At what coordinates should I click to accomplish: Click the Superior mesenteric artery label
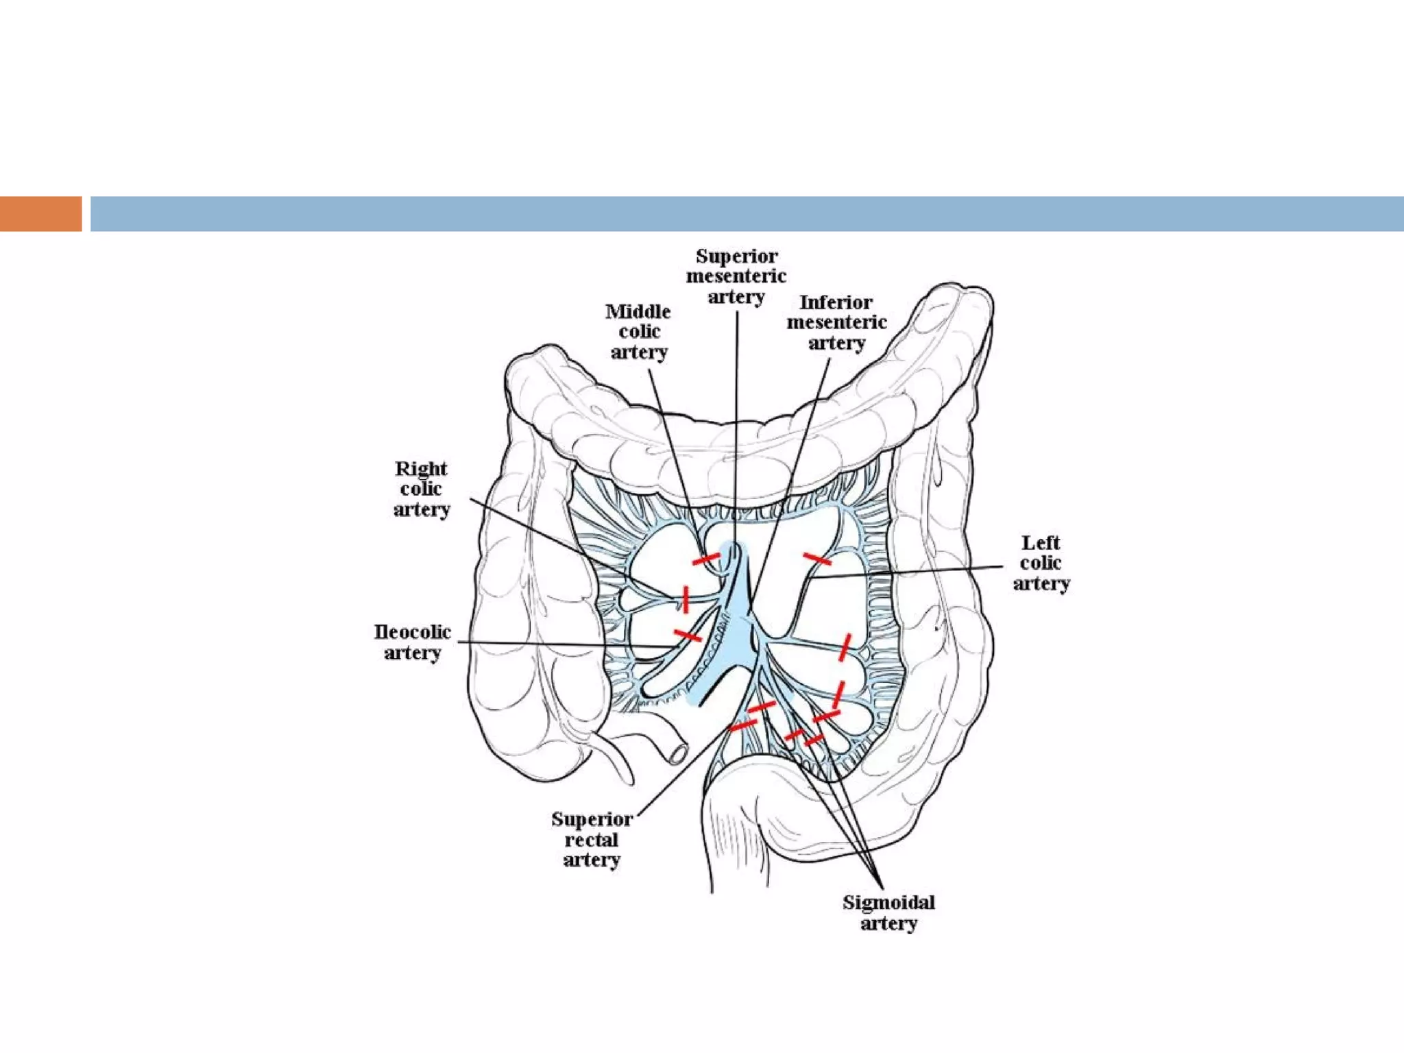pos(736,276)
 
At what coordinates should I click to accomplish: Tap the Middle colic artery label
pos(638,332)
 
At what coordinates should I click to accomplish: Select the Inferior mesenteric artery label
pos(836,322)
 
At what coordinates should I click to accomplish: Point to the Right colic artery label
pos(421,489)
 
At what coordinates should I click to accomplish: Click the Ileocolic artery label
pos(412,642)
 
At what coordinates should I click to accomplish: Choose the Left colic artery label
pos(1041,563)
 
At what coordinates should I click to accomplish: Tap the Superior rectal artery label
pos(592,839)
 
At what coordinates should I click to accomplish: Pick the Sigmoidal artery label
pos(888,912)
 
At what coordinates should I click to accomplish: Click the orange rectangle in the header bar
pos(40,214)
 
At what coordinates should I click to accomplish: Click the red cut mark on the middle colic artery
pos(705,559)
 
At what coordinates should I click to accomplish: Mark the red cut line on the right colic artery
pos(685,598)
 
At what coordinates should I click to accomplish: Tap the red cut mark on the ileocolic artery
pos(688,636)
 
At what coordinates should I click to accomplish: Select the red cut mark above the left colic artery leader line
pos(816,559)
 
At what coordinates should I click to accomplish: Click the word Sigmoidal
pos(888,902)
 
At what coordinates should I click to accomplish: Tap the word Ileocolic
pos(412,631)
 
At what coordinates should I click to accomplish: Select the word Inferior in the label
pos(836,302)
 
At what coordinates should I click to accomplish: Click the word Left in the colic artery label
pos(1041,543)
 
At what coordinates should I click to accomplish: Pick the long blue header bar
pos(747,214)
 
